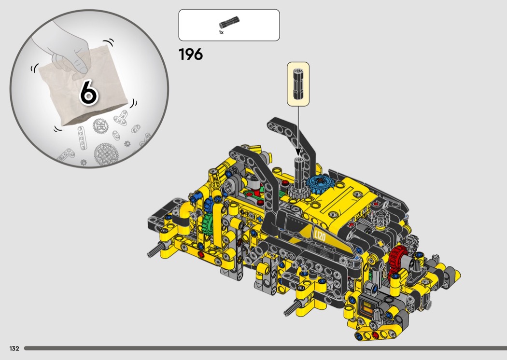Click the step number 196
tap(190, 55)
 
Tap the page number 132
tap(14, 348)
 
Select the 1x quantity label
tap(221, 32)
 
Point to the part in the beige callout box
tap(298, 84)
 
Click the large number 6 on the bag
tap(88, 93)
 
